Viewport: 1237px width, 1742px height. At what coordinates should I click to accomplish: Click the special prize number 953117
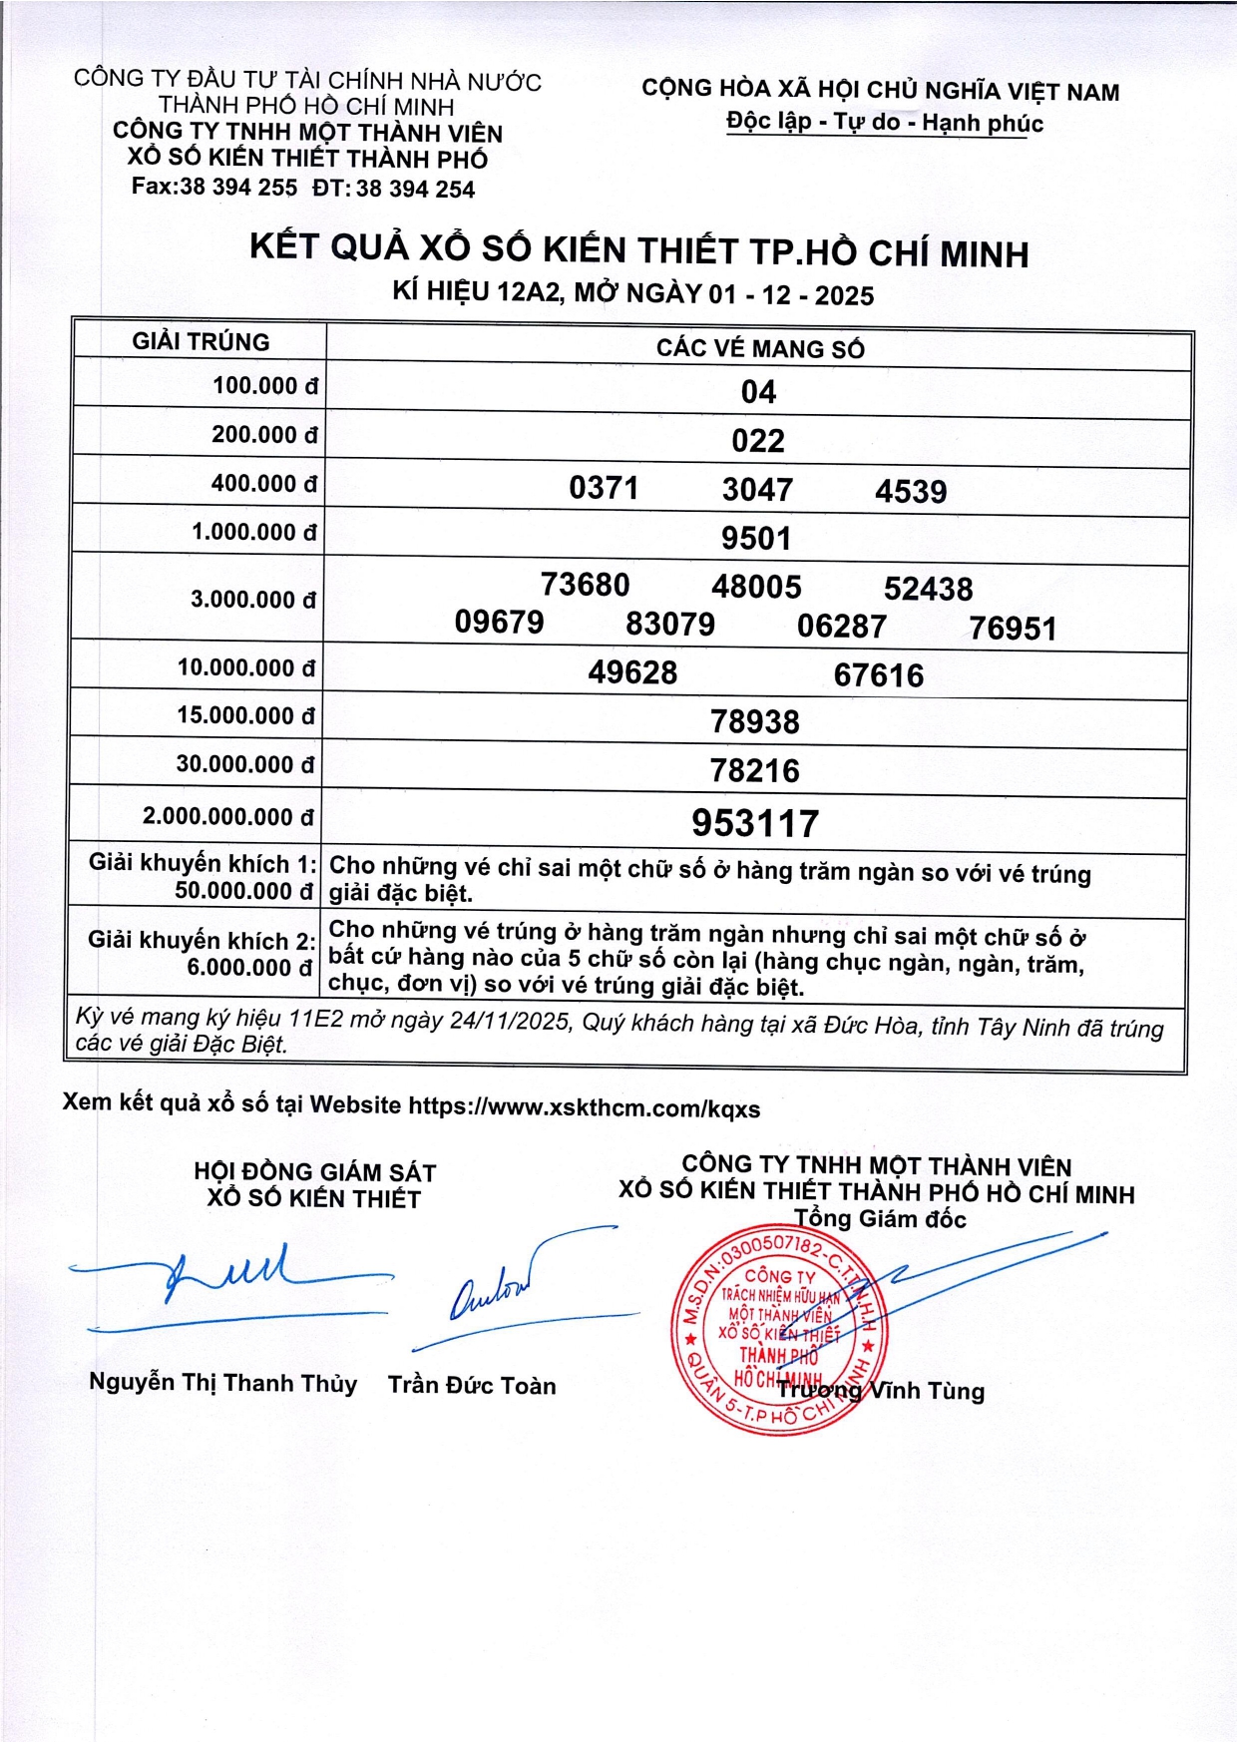click(x=755, y=823)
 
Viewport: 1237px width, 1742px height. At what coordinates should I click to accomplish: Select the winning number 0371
click(x=604, y=488)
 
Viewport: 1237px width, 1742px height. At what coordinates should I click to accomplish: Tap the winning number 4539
click(x=911, y=491)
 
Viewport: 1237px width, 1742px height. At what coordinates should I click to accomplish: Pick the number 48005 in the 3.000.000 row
click(x=756, y=587)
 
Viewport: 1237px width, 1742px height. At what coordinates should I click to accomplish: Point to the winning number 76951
click(x=1012, y=629)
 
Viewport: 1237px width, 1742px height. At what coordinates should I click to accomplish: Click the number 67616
click(x=878, y=675)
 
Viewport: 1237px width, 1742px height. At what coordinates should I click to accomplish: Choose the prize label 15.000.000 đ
click(x=245, y=715)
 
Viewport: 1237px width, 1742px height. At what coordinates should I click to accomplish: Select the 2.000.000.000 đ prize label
click(x=227, y=816)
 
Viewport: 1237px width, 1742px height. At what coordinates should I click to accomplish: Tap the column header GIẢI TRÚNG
click(x=201, y=342)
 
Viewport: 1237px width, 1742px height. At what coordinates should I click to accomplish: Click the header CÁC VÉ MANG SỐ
click(x=760, y=348)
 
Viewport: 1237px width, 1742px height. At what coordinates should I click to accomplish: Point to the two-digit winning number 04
click(x=758, y=392)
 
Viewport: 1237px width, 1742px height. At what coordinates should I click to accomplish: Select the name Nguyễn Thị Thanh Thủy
click(x=222, y=1383)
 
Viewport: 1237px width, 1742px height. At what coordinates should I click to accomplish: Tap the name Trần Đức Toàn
click(x=472, y=1385)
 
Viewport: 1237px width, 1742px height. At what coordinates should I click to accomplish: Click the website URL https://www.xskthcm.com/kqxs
click(x=585, y=1107)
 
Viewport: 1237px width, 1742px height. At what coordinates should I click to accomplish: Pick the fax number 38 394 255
click(x=238, y=188)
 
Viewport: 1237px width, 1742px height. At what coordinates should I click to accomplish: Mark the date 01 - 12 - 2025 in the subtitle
click(x=791, y=295)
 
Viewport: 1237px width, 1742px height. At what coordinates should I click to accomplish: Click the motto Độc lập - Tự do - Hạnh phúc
click(x=885, y=123)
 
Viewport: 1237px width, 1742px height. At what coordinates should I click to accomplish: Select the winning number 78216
click(x=755, y=770)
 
